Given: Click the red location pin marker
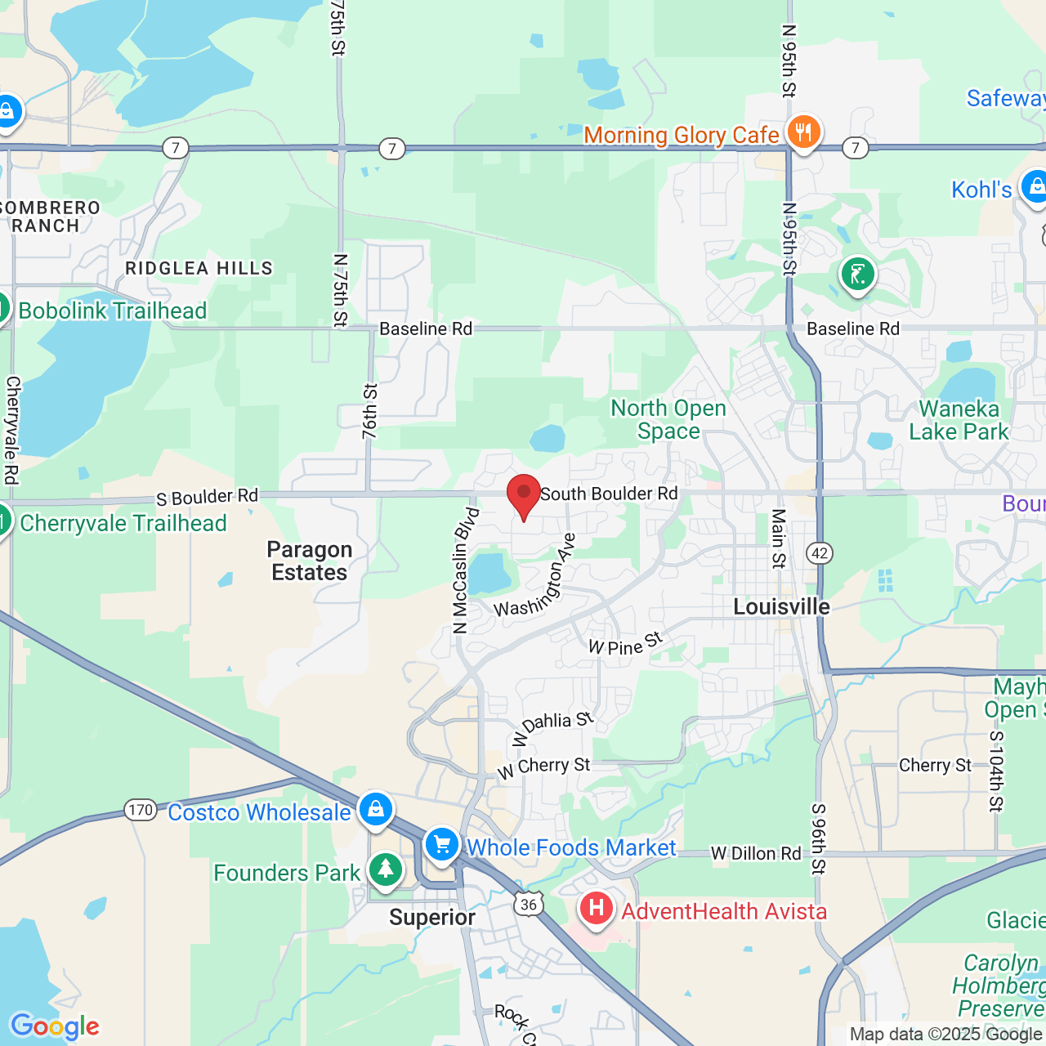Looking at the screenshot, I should click(x=524, y=494).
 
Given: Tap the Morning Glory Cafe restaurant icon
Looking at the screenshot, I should click(x=804, y=132).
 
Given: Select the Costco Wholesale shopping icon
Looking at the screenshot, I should click(x=376, y=809).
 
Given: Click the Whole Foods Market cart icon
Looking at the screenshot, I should click(x=442, y=844).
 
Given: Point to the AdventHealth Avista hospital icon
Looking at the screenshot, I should click(x=597, y=908).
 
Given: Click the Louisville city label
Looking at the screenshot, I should click(x=781, y=606).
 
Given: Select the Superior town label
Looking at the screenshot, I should click(x=432, y=917).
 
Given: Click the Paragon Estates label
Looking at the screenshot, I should click(x=310, y=561).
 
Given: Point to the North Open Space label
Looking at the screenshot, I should click(x=668, y=419).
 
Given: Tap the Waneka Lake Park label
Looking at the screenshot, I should click(x=959, y=420).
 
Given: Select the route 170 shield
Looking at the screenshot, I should click(x=141, y=810).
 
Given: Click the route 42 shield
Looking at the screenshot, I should click(x=820, y=553).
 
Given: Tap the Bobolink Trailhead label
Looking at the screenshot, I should click(x=113, y=311).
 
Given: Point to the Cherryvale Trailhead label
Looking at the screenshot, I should click(x=123, y=523).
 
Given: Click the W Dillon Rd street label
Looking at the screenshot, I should click(x=756, y=853).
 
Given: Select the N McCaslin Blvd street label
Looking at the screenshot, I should click(x=464, y=570).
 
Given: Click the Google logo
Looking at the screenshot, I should click(x=55, y=1026).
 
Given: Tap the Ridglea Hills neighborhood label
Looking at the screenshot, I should click(x=199, y=268).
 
